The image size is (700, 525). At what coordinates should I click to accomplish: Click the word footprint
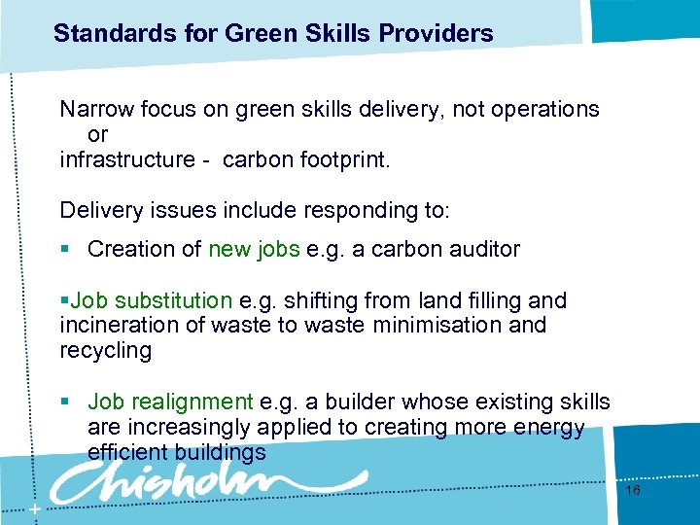coord(342,159)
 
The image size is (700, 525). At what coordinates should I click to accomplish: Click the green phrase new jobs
coord(254,249)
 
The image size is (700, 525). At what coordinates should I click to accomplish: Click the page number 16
coord(632,491)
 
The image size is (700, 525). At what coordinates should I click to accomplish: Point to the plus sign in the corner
coord(35,510)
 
